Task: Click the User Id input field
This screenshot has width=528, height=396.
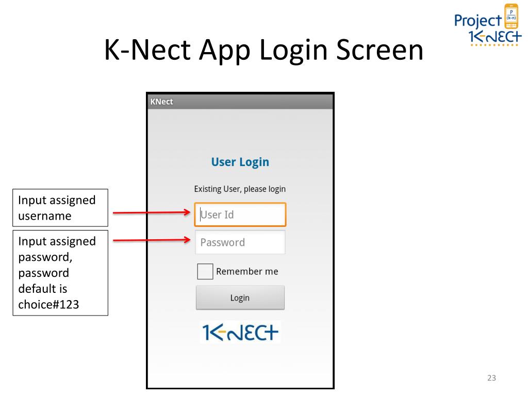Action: tap(240, 214)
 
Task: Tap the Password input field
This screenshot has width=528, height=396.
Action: tap(240, 242)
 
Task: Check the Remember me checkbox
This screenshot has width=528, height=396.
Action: tap(205, 271)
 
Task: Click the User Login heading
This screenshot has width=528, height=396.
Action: tap(240, 162)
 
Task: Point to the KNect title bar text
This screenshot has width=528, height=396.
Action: tap(161, 102)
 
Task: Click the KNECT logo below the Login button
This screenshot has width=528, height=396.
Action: tap(240, 333)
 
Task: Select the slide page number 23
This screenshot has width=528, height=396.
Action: tap(491, 378)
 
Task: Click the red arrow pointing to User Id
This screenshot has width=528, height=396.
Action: tap(152, 212)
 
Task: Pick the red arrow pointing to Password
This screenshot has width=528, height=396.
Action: tap(152, 240)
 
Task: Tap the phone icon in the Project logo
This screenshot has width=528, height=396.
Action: tap(511, 16)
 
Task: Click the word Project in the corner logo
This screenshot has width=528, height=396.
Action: tap(478, 21)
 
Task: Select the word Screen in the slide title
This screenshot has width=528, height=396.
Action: tap(380, 50)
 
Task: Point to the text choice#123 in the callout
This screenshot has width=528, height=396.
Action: tap(48, 304)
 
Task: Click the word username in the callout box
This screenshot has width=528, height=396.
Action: tap(45, 216)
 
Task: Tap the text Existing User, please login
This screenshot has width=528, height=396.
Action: tap(240, 189)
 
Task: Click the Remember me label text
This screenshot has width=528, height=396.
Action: tap(247, 271)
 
